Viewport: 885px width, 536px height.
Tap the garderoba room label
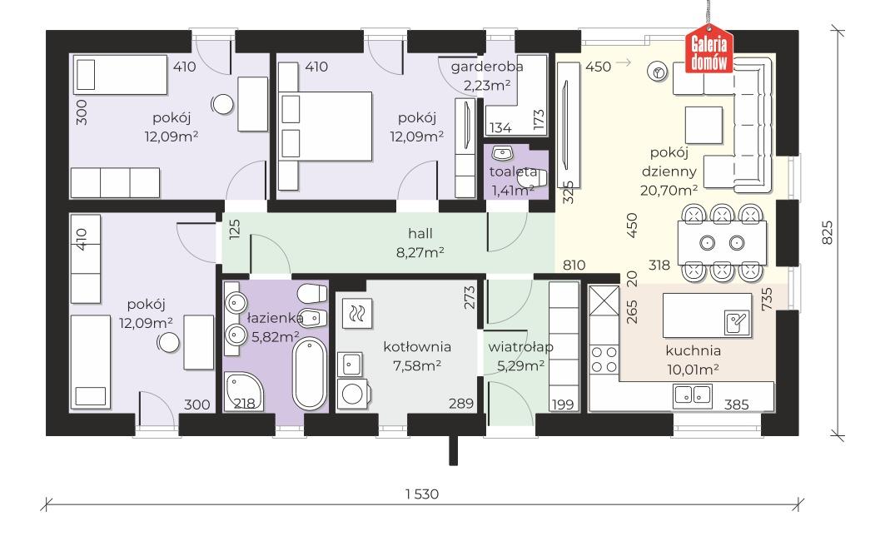(486, 67)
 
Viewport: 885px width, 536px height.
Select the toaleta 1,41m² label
(513, 181)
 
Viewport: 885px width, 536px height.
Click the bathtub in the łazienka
(310, 373)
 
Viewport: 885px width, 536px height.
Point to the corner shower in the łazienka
(242, 392)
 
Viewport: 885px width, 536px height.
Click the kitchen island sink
(737, 322)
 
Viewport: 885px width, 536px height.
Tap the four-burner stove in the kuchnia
(604, 360)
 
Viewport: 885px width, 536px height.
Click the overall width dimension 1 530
(421, 494)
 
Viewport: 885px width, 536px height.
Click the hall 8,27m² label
(420, 242)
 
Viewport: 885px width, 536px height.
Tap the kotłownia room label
(417, 346)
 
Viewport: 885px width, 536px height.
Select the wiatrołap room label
(520, 346)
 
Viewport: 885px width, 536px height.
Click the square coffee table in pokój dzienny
(704, 125)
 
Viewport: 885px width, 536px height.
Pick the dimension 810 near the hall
(574, 265)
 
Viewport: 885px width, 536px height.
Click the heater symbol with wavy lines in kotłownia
(356, 313)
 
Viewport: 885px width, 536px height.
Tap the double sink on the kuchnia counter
(693, 395)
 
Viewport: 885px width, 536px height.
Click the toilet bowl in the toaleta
(533, 179)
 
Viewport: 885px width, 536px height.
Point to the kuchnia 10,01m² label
(693, 360)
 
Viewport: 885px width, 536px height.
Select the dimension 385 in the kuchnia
(737, 404)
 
